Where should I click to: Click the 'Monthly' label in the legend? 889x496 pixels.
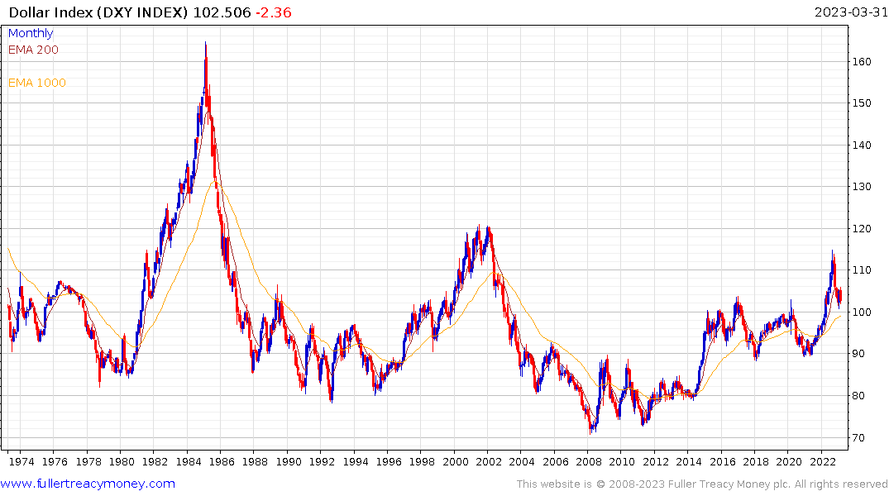coord(31,33)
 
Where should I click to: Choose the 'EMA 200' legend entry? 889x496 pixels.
coord(33,50)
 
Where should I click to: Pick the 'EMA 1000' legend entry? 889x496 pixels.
coord(36,83)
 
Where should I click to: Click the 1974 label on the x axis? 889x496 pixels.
coord(22,461)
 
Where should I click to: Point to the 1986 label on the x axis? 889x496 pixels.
coord(222,461)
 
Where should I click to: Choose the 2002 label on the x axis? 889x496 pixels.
coord(489,461)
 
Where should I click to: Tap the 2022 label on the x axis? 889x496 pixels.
coord(822,461)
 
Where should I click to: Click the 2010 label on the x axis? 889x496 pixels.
coord(622,461)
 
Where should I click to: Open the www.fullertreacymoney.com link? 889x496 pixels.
coord(88,484)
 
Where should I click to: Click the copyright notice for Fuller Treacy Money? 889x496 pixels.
coord(702,484)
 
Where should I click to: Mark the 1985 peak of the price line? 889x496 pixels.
coord(205,43)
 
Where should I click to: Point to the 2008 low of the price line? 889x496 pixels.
coord(590,432)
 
